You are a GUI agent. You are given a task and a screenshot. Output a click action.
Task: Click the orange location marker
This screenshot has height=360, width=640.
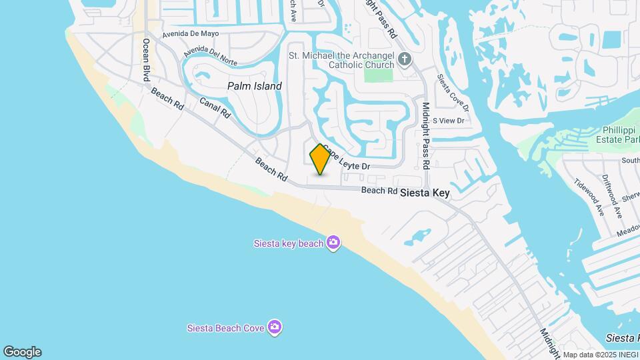coord(320,159)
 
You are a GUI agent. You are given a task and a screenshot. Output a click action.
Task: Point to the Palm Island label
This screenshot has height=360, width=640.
coord(254,86)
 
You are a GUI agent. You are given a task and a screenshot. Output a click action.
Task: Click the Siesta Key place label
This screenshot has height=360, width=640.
coord(425,193)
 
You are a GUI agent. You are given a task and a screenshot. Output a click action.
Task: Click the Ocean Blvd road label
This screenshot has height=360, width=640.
coord(146,60)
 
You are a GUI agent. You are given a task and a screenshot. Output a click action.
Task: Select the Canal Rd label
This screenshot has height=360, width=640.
coord(215,107)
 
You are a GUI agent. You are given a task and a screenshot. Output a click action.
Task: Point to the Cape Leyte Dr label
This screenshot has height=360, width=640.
coord(347,159)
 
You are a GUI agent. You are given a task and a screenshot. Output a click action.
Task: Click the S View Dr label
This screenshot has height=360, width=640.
coord(447,121)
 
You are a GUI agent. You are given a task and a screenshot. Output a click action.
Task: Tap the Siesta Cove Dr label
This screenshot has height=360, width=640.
coord(453,93)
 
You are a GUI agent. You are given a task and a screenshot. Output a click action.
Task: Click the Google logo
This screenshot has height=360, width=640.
coord(22,352)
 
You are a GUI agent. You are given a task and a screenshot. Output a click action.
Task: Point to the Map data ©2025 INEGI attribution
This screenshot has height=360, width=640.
coord(599,355)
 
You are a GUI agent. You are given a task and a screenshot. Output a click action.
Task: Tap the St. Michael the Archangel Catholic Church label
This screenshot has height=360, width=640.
coord(342,60)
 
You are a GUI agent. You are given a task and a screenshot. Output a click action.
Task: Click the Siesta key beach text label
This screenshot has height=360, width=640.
coord(289,243)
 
